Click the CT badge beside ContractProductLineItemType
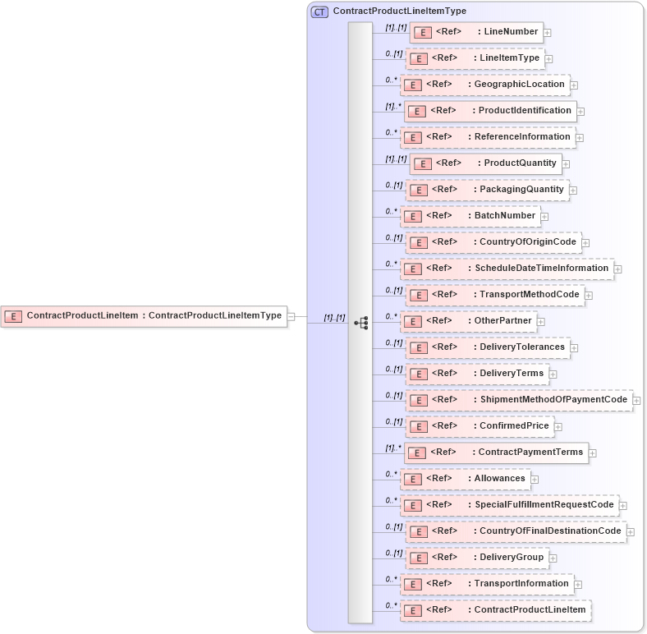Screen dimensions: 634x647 point(319,11)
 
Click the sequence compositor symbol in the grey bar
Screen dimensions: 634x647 point(360,323)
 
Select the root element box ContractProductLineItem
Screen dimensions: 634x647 point(144,315)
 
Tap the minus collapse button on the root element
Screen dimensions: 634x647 point(291,316)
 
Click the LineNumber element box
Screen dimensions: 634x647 point(476,32)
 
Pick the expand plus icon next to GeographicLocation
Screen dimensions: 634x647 point(574,85)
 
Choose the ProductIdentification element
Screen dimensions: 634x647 point(490,111)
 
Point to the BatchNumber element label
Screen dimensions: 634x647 point(505,216)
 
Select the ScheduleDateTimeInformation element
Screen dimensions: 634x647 point(507,269)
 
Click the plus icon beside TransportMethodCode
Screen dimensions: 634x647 point(589,295)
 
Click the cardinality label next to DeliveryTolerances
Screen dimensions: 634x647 point(394,343)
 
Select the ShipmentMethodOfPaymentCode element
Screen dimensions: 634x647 point(520,400)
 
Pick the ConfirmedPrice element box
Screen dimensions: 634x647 point(480,426)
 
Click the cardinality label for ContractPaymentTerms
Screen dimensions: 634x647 point(394,448)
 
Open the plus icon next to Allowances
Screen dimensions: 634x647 point(535,479)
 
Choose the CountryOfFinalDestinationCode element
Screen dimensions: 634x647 point(516,531)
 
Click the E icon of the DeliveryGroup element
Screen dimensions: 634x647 point(418,558)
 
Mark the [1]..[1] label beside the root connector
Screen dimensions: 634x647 point(334,317)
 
